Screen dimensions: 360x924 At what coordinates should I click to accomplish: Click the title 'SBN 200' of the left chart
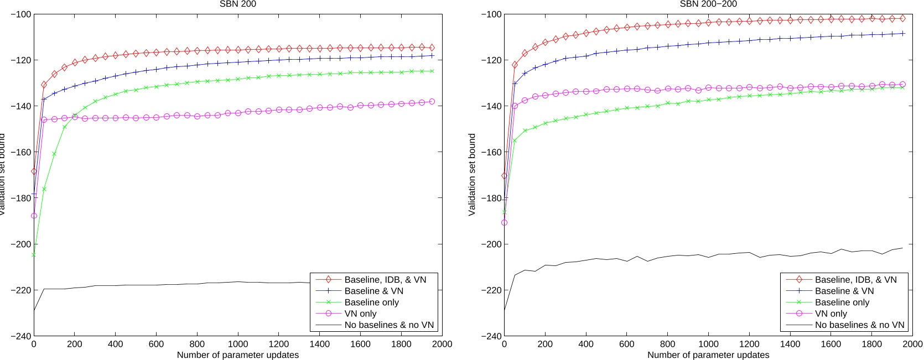(x=238, y=4)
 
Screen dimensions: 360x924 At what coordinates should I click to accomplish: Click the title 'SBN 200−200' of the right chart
(x=708, y=4)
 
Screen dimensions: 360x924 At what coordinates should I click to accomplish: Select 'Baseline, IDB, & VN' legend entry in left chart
(x=385, y=280)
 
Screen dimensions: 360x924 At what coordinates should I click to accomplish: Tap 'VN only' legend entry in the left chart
(x=360, y=314)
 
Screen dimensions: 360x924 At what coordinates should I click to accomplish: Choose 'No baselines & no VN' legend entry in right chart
(x=859, y=325)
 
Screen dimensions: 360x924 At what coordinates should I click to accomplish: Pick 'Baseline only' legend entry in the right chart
(x=842, y=302)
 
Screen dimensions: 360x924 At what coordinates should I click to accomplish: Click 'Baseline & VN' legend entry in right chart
(x=844, y=291)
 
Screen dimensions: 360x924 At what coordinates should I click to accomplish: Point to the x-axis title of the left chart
(x=238, y=355)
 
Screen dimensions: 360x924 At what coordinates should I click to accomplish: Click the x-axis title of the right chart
(x=708, y=355)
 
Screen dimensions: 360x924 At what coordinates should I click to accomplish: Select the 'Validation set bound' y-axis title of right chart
(x=472, y=174)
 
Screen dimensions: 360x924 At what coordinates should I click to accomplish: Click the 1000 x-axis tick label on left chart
(x=238, y=344)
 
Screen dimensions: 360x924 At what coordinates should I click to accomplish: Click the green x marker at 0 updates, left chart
(x=34, y=254)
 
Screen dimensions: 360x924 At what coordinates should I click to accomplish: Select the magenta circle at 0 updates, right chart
(x=504, y=223)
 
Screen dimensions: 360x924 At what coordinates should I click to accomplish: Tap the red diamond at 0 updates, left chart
(x=34, y=171)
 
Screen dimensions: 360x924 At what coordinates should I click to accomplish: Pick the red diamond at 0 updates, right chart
(x=504, y=176)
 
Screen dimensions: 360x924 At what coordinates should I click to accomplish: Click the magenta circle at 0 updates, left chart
(x=34, y=216)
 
